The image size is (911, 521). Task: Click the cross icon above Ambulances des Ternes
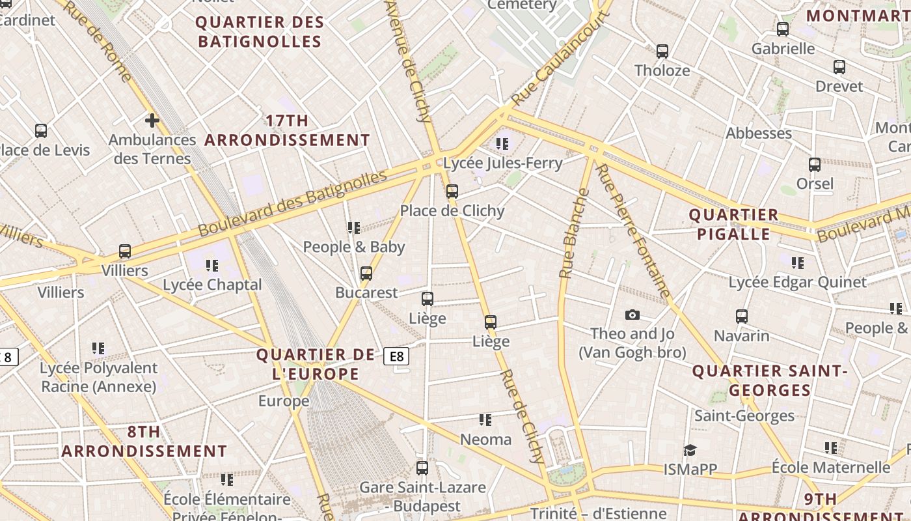click(152, 120)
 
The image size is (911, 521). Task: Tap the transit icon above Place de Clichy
click(452, 191)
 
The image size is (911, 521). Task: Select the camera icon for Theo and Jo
click(632, 315)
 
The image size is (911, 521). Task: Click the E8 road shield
click(396, 356)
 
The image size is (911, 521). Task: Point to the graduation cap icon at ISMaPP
click(690, 450)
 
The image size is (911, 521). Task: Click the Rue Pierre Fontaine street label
click(632, 231)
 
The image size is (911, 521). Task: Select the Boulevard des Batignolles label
click(292, 203)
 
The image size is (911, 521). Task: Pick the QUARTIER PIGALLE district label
click(733, 224)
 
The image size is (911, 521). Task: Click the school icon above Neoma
click(485, 420)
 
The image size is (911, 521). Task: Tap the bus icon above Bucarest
click(366, 274)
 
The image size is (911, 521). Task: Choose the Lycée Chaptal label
click(212, 285)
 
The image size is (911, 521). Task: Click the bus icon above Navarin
click(741, 317)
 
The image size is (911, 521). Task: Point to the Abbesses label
click(759, 133)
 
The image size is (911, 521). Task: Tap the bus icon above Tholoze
click(662, 51)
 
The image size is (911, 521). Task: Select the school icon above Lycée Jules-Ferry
click(502, 143)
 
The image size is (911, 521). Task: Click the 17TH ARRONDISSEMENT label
click(287, 130)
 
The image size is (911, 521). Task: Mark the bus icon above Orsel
click(814, 165)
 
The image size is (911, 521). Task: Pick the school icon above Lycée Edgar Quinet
click(797, 263)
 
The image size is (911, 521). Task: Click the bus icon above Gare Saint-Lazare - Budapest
click(422, 468)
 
